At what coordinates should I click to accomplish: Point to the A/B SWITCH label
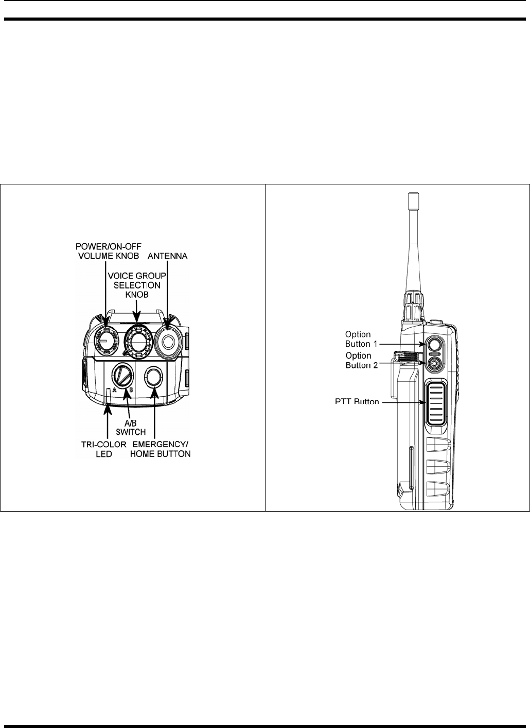(131, 427)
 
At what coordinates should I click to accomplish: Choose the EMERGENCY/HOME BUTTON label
(162, 449)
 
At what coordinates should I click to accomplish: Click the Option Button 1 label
(358, 339)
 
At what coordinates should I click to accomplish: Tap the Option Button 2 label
(358, 360)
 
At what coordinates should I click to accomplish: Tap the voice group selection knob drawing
(136, 340)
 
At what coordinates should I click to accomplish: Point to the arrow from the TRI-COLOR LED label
(107, 420)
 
